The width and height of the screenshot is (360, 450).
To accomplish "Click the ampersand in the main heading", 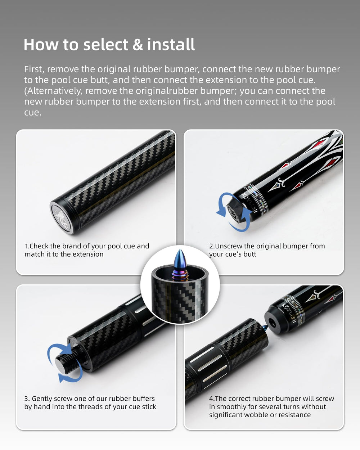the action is pyautogui.click(x=138, y=45).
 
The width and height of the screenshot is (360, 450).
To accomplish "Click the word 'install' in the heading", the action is pyautogui.click(x=171, y=44).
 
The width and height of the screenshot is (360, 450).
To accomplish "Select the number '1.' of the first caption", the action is pyautogui.click(x=27, y=246).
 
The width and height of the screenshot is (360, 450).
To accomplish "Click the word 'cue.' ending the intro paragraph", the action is pyautogui.click(x=33, y=112).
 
